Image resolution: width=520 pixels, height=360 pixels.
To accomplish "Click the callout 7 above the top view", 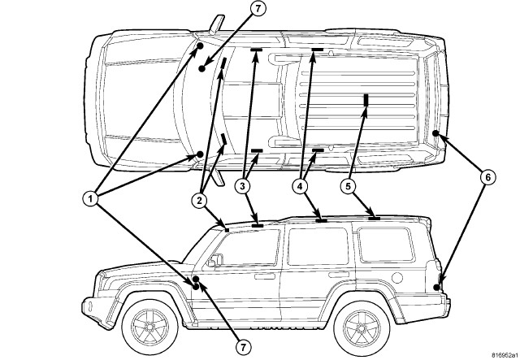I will click(x=234, y=10).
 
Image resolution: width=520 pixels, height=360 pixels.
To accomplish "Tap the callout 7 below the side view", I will click(x=241, y=345).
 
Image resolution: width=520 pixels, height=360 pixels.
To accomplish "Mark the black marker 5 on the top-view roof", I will click(x=366, y=100).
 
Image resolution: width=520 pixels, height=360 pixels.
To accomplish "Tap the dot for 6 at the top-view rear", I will click(x=436, y=133).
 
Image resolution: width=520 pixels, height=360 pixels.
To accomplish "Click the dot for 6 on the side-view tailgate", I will click(x=439, y=287).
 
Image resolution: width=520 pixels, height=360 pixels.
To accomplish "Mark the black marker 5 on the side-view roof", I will click(x=374, y=217).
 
